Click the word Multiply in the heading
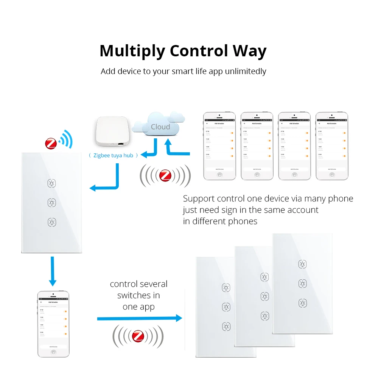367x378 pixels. [x=132, y=51]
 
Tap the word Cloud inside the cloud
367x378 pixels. [x=160, y=127]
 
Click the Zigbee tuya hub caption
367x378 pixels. [x=113, y=155]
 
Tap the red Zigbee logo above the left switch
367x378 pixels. [x=51, y=143]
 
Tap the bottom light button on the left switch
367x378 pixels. [x=51, y=222]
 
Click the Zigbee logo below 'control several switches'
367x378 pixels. [x=138, y=336]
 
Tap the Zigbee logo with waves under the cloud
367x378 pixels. [x=165, y=175]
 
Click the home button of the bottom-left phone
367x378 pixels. [x=53, y=352]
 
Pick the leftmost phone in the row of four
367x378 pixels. [x=219, y=146]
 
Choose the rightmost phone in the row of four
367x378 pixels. [x=332, y=146]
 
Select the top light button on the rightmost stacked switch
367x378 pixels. [x=302, y=264]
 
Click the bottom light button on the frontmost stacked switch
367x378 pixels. [x=226, y=326]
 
